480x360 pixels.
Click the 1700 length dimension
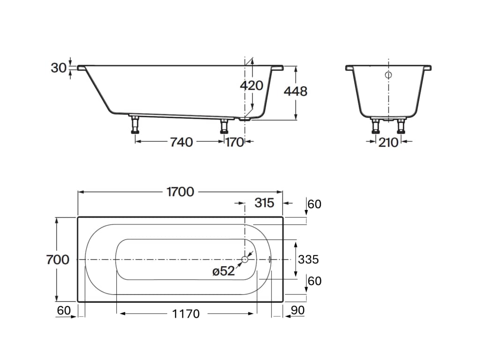180,192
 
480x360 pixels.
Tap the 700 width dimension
58,260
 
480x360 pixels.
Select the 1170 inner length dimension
186,314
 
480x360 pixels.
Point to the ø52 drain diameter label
224,271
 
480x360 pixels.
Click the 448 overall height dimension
295,91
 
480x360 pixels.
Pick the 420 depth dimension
251,86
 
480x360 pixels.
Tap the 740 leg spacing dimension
181,142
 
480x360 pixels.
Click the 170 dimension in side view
234,142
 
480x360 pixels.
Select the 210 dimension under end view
388,142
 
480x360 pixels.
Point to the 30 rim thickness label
59,68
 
